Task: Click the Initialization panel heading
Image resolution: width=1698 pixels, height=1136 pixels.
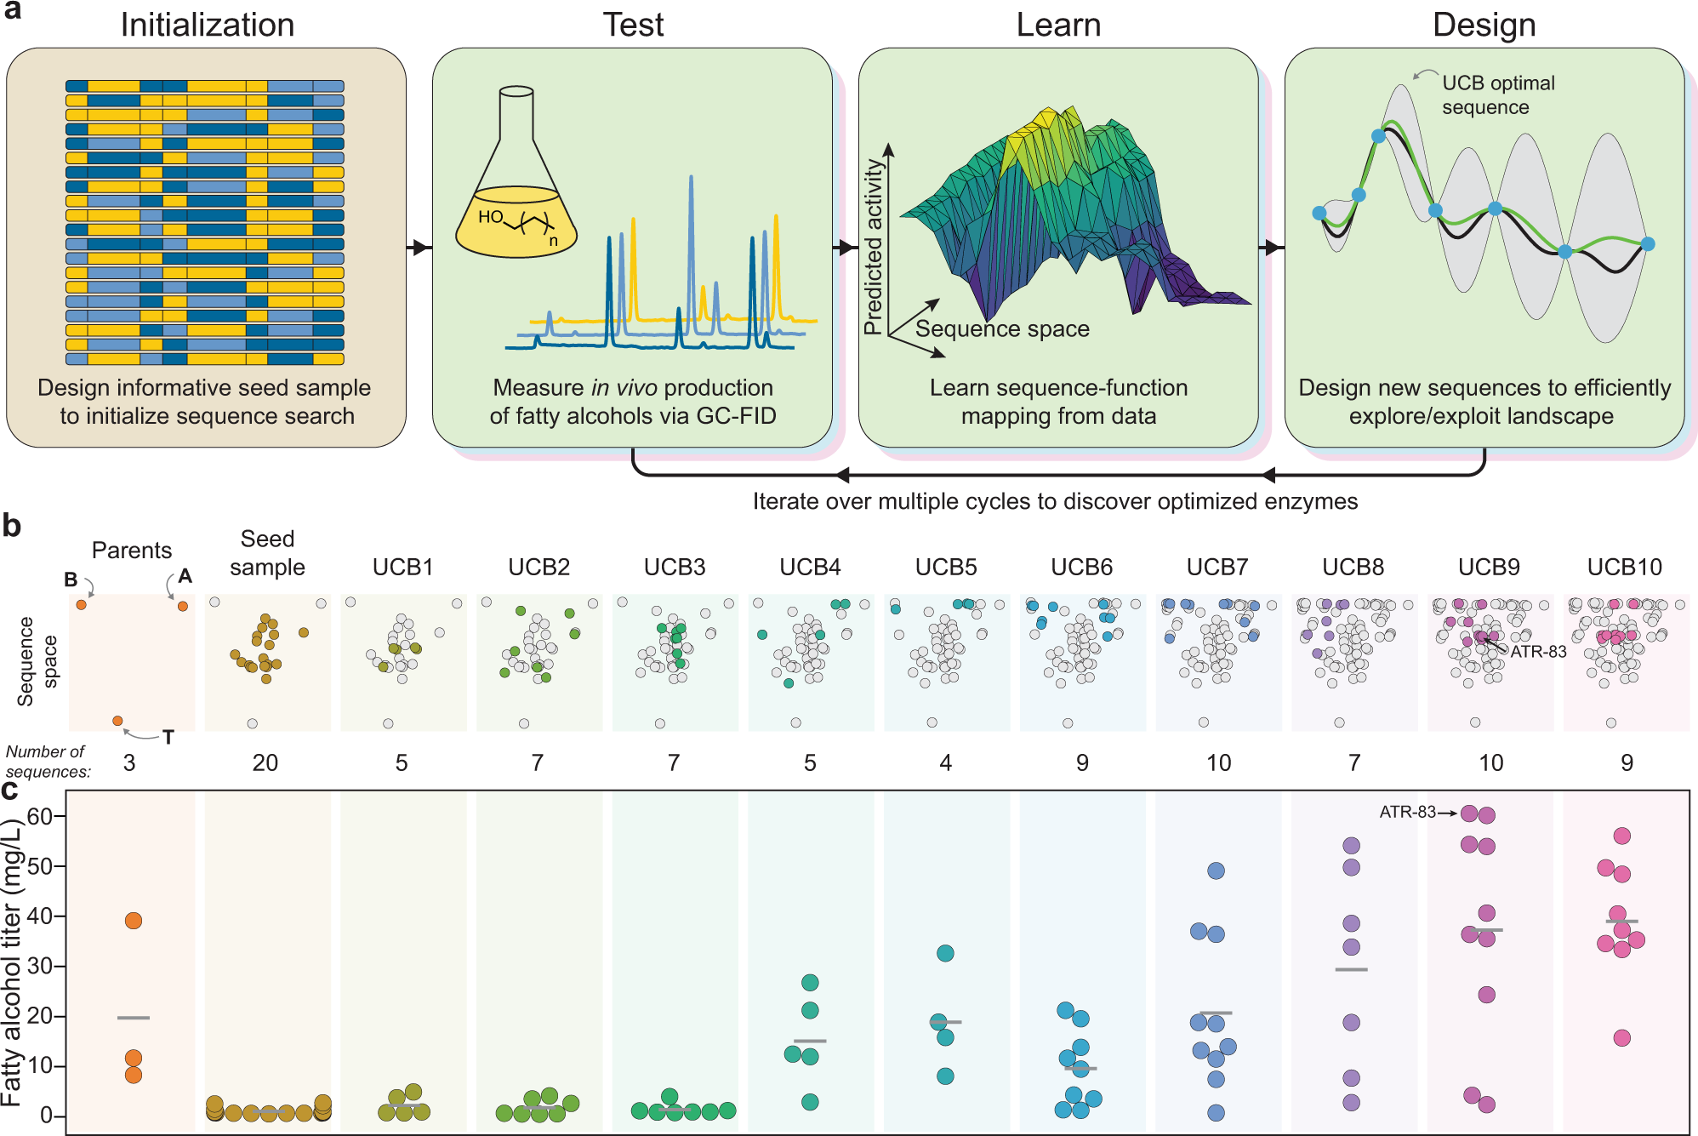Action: coord(208,25)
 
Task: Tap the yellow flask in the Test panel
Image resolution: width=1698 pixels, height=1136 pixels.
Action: coord(516,217)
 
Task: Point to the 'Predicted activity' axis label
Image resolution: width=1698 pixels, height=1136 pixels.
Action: coord(874,247)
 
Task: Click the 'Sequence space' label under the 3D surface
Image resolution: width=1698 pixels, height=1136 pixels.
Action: coord(1002,329)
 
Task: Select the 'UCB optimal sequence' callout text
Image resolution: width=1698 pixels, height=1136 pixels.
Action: coord(1498,95)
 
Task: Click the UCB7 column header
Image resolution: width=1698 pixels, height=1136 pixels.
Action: coord(1217,567)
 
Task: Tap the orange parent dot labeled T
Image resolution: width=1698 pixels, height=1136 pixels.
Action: coord(118,721)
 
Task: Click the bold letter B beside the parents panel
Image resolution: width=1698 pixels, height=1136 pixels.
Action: coord(71,579)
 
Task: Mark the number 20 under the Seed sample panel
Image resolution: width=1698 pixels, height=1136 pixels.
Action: coord(265,762)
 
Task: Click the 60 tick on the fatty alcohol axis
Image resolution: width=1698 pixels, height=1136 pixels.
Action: coord(40,817)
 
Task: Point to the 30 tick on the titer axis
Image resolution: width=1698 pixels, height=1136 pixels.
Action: coord(40,966)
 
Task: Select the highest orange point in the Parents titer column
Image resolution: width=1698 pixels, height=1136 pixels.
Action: coord(134,921)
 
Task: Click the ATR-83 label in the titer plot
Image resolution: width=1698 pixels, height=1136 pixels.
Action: coord(1407,813)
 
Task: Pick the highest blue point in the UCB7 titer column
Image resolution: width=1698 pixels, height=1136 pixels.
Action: coord(1217,871)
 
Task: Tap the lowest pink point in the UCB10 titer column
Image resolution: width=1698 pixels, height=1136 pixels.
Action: coord(1622,1038)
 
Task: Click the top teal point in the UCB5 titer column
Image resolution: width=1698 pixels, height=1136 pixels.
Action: coord(945,953)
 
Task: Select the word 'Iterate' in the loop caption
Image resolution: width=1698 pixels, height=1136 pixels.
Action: coord(780,502)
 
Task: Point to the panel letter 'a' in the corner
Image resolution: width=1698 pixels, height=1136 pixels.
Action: coord(12,12)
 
